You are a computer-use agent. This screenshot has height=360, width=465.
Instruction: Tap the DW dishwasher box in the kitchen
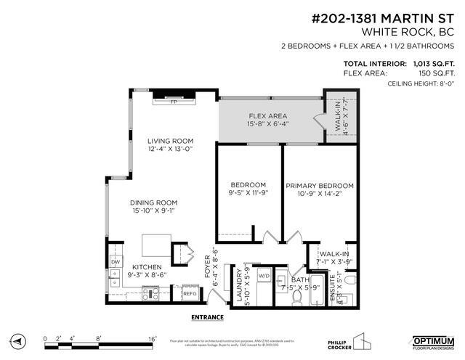click(115, 262)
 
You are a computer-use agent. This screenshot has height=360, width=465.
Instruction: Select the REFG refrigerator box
click(189, 294)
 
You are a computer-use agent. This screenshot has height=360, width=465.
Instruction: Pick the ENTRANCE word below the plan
click(207, 317)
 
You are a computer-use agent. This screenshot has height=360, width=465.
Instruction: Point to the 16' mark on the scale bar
click(152, 337)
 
